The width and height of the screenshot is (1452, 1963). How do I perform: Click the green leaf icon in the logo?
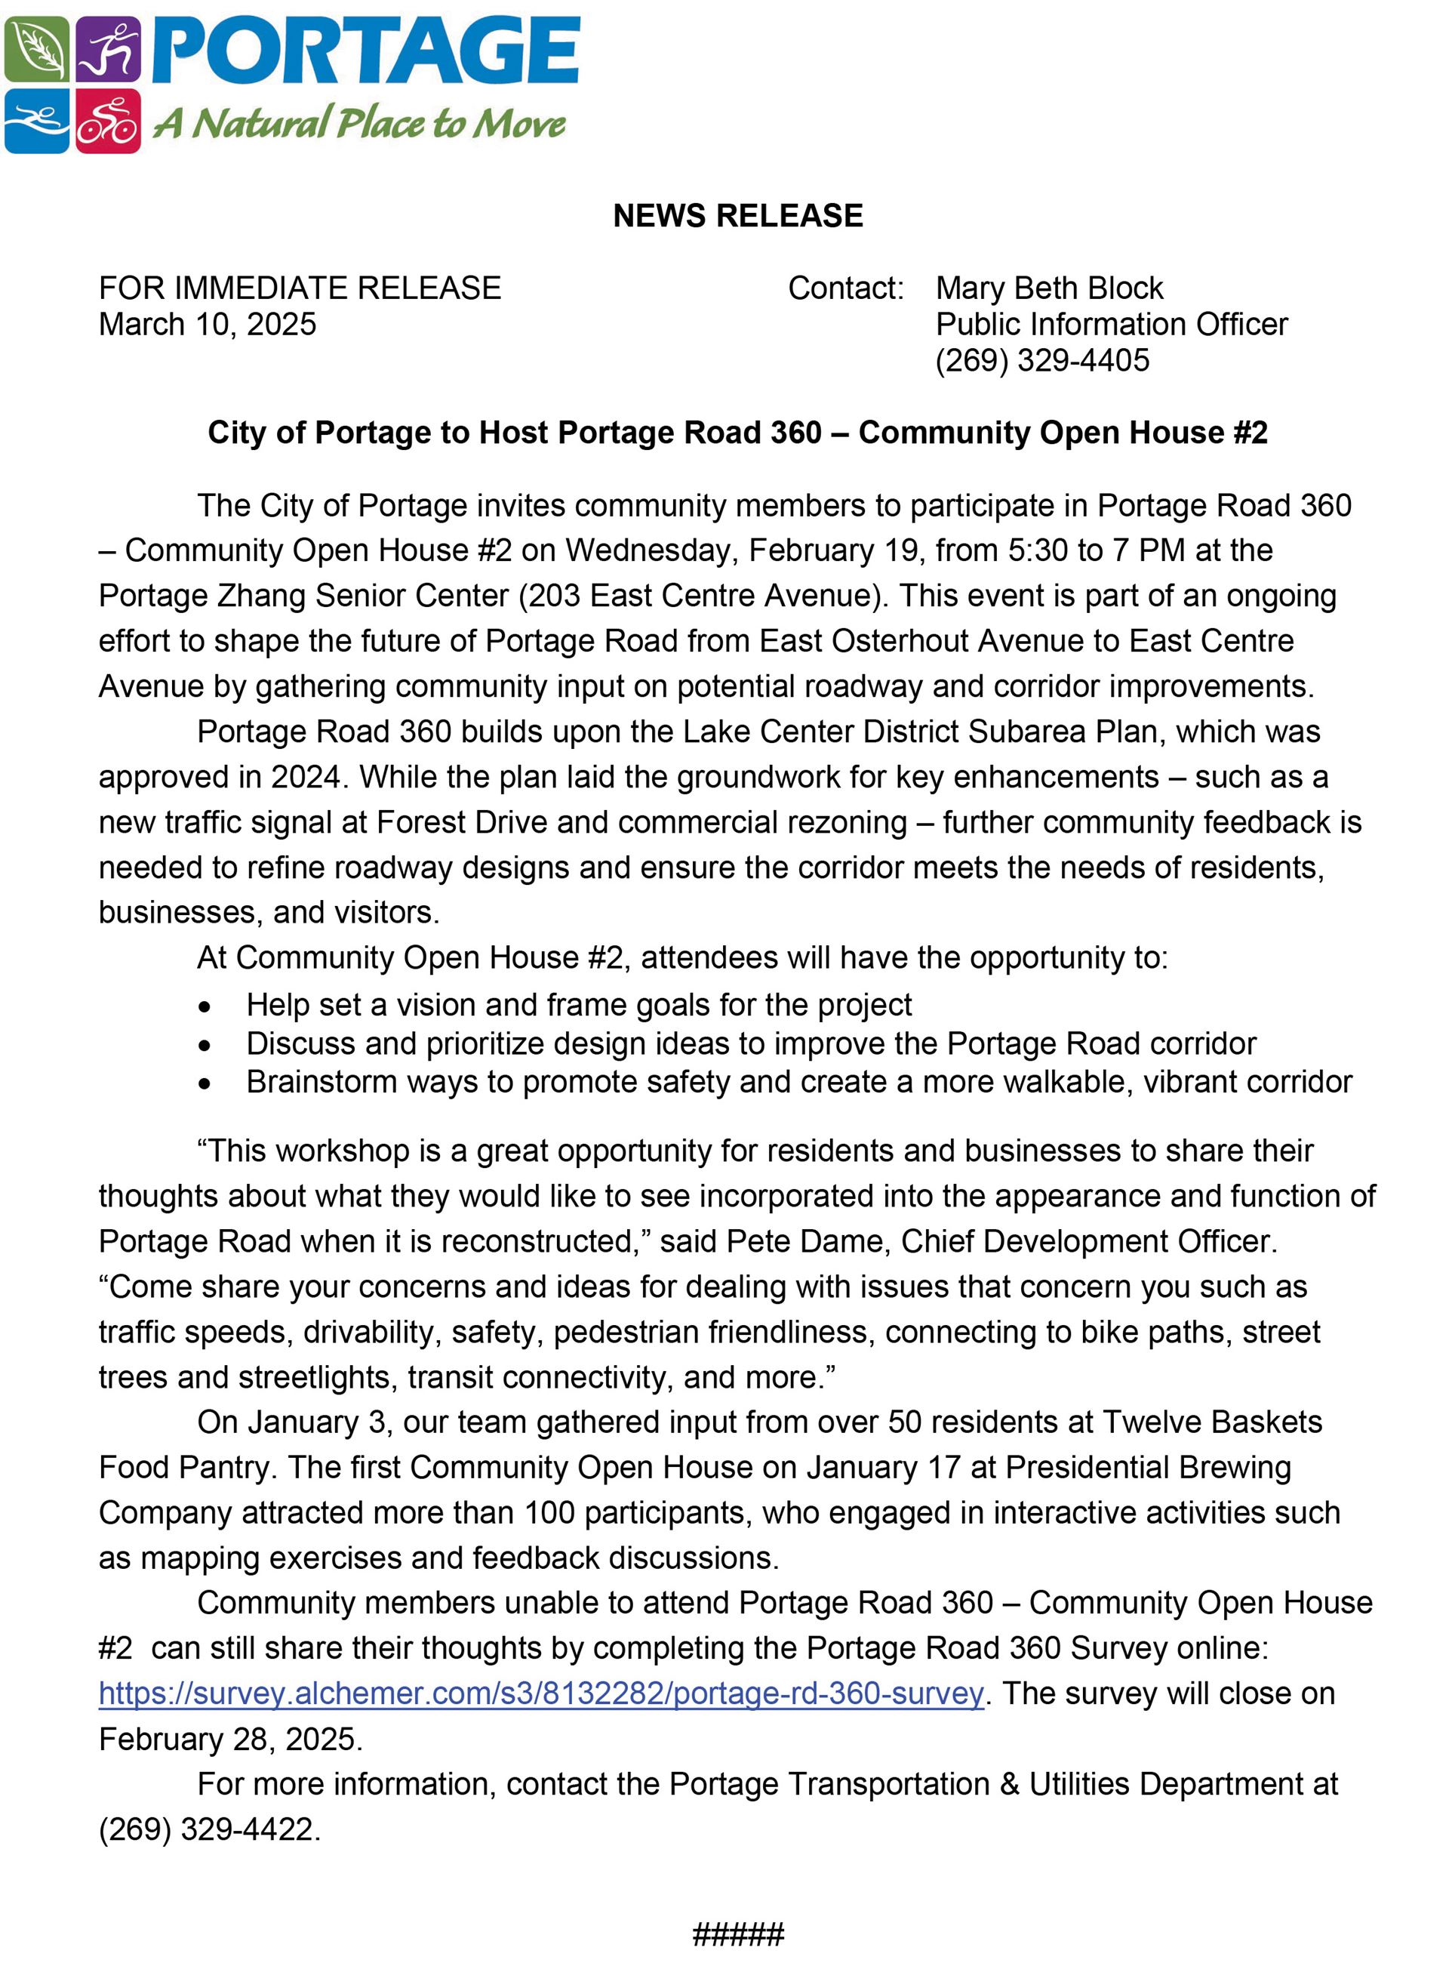coord(36,49)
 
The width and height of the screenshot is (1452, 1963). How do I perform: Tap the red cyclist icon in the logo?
coord(108,122)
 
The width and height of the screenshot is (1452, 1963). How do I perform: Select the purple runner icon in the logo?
coord(108,49)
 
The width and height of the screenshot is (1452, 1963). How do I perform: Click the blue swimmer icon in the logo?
coord(36,122)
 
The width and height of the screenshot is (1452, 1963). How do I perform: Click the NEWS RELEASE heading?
coord(737,216)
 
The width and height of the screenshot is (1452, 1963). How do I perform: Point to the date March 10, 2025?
coord(208,325)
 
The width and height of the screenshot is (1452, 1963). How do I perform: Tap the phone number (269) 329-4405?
coord(1041,360)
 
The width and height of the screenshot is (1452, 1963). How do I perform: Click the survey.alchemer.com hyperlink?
coord(540,1693)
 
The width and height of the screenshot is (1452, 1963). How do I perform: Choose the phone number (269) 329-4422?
coord(208,1829)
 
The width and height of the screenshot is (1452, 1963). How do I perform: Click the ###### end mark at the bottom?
coord(737,1935)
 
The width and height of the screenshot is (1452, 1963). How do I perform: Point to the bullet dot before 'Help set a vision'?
coord(205,1006)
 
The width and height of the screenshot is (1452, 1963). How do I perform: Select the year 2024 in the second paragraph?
coord(306,777)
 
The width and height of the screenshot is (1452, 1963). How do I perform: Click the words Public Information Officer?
coord(1111,325)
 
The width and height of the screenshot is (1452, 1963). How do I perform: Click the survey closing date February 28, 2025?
coord(229,1739)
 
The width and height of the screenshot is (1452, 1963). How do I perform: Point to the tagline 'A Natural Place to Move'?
coord(359,123)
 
